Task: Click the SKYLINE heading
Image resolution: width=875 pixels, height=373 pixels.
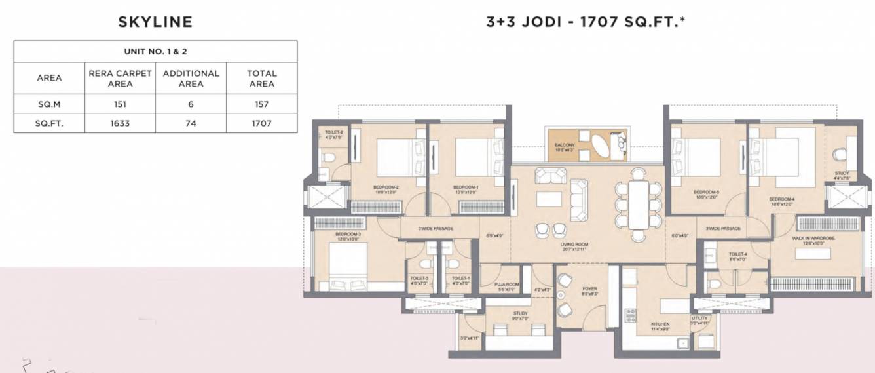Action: pos(155,22)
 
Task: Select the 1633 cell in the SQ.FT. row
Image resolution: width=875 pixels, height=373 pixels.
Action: pos(120,122)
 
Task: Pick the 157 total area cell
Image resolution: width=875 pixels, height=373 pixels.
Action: pos(261,104)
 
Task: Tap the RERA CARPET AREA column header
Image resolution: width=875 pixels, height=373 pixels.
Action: pos(120,78)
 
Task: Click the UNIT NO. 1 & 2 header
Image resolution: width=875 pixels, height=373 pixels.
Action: pos(155,51)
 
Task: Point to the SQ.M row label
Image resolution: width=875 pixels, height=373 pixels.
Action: pos(49,104)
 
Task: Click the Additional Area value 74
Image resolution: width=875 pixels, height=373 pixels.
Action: pos(191,122)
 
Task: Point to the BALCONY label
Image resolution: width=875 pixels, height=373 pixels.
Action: pos(565,147)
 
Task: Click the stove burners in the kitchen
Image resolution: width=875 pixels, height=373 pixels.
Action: pos(631,315)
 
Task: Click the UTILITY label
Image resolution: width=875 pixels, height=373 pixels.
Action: pos(699,319)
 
